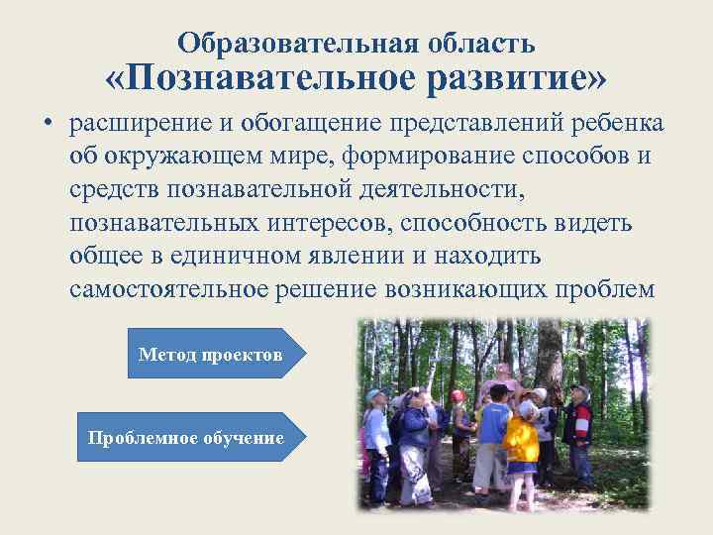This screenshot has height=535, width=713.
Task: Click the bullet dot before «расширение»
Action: pyautogui.click(x=46, y=126)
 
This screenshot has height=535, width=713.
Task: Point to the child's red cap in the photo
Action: pyautogui.click(x=457, y=395)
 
